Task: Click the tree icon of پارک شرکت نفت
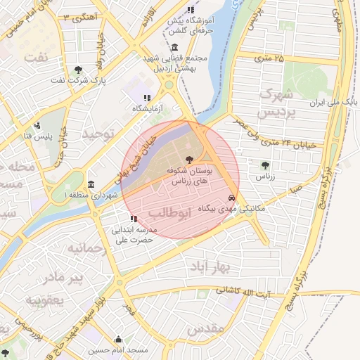78,70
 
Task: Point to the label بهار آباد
210,267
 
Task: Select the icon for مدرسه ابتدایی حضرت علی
134,219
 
